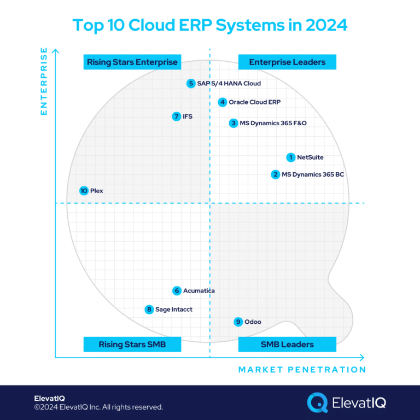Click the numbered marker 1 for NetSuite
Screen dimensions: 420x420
pyautogui.click(x=291, y=157)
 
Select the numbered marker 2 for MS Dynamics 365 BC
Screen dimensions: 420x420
pyautogui.click(x=275, y=175)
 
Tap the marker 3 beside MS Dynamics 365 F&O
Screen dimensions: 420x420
pyautogui.click(x=234, y=123)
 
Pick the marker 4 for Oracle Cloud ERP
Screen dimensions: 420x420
pyautogui.click(x=222, y=102)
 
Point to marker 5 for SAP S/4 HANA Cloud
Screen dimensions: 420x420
pyautogui.click(x=190, y=84)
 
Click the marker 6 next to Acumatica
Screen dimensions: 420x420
pyautogui.click(x=177, y=291)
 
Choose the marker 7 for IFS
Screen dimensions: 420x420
pyautogui.click(x=176, y=116)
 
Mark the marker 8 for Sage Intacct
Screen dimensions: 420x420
pyautogui.click(x=149, y=310)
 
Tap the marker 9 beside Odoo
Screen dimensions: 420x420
pyautogui.click(x=238, y=322)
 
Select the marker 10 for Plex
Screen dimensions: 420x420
pyautogui.click(x=84, y=191)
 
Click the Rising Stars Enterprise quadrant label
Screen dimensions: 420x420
pyautogui.click(x=132, y=62)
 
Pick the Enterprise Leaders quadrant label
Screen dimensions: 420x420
pyautogui.click(x=287, y=62)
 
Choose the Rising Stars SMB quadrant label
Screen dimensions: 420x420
pyautogui.click(x=132, y=344)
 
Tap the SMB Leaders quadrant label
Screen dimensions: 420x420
pyautogui.click(x=287, y=344)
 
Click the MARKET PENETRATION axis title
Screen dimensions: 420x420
pyautogui.click(x=302, y=370)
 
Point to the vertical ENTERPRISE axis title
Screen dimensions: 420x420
pyautogui.click(x=44, y=82)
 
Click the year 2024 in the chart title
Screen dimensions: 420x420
pyautogui.click(x=324, y=25)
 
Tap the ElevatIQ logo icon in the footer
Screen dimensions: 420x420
pyautogui.click(x=317, y=402)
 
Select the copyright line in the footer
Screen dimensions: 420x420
pyautogui.click(x=98, y=407)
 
